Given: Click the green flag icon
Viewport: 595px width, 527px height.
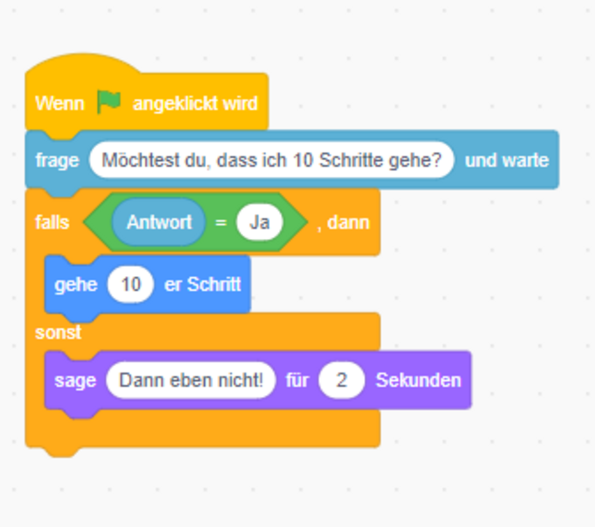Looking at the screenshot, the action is (x=109, y=102).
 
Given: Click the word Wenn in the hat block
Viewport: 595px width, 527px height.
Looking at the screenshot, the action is (x=60, y=103).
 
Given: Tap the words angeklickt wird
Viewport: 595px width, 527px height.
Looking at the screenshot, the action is (x=195, y=103).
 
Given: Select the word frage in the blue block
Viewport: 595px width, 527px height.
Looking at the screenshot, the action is (x=57, y=160).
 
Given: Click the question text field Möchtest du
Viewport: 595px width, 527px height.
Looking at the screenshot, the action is (x=272, y=160).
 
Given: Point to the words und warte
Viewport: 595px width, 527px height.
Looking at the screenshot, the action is (x=507, y=160).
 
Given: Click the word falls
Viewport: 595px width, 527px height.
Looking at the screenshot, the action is (x=52, y=222).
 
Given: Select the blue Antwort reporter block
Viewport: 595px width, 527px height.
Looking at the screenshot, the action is (x=159, y=222).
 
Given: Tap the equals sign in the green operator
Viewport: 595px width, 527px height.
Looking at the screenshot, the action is (x=221, y=222).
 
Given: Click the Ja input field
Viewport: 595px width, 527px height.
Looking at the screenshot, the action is (x=260, y=222).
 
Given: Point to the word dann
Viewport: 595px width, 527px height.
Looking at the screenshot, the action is (x=348, y=222).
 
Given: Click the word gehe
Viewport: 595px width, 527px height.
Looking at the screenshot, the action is (x=76, y=284).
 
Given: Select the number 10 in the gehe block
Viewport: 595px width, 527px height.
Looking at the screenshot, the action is (x=131, y=284).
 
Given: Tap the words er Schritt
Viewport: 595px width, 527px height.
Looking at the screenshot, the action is (x=203, y=284).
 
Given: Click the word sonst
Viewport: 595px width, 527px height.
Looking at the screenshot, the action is (x=58, y=333).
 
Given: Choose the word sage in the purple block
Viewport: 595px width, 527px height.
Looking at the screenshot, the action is (x=75, y=381).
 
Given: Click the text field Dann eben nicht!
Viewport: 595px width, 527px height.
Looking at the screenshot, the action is (x=191, y=380).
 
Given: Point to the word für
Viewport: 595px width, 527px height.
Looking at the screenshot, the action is (x=297, y=380).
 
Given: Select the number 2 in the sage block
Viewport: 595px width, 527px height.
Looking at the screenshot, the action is (x=342, y=380).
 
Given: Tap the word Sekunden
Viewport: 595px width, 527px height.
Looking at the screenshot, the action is (x=419, y=380).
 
